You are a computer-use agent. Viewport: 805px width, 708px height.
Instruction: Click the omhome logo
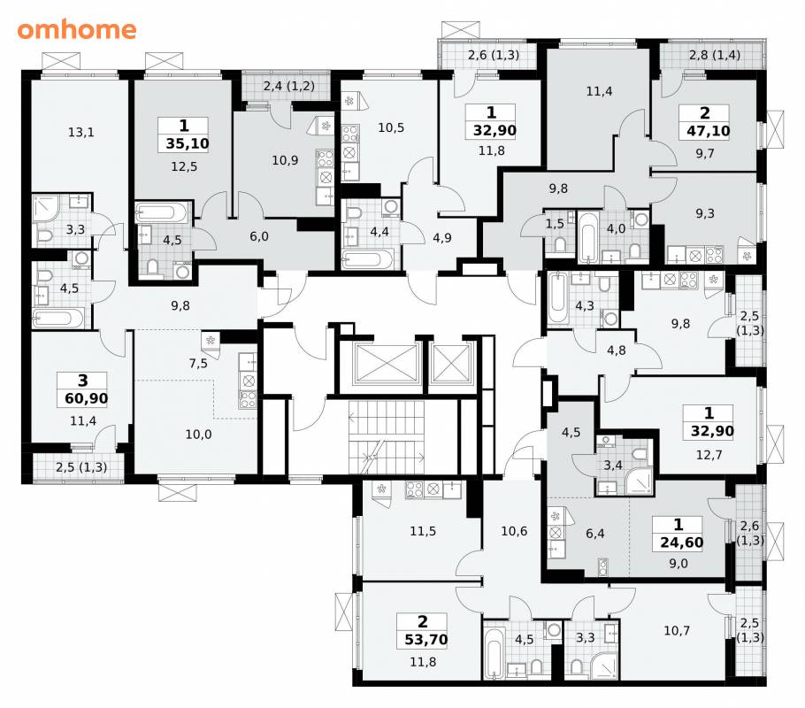(x=76, y=29)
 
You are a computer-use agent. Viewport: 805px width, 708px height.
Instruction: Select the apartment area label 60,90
(x=87, y=398)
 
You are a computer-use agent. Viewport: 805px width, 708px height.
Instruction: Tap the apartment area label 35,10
(x=188, y=143)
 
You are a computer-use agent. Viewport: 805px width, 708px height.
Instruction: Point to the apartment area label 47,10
(x=708, y=131)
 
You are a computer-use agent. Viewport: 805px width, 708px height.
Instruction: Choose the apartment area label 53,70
(x=426, y=640)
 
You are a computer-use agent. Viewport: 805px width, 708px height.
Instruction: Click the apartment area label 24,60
(x=682, y=543)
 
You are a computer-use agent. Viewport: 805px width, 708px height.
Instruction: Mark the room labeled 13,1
(x=81, y=133)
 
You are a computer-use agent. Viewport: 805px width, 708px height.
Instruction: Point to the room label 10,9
(x=285, y=160)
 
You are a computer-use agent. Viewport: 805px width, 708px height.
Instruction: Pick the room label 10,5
(x=391, y=127)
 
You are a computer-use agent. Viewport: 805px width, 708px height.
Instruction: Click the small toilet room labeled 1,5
(x=555, y=224)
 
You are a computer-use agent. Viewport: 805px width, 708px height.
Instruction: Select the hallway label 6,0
(x=259, y=236)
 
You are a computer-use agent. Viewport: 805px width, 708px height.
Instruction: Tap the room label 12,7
(x=709, y=455)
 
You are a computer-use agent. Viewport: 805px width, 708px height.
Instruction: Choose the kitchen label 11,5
(x=423, y=531)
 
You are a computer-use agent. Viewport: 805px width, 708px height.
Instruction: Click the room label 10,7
(x=677, y=630)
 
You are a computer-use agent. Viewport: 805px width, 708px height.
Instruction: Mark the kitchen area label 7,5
(x=198, y=364)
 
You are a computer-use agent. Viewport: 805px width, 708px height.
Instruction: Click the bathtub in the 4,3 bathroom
(x=556, y=299)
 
